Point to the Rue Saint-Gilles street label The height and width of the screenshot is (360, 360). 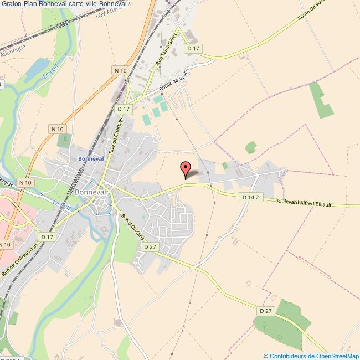(166, 51)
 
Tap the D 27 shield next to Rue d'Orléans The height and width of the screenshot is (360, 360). (150, 246)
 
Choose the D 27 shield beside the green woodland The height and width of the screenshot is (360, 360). (266, 311)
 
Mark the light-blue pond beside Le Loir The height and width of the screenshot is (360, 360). (38, 70)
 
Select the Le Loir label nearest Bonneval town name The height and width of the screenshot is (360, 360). (59, 203)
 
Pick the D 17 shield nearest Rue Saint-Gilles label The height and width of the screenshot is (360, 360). (193, 49)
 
